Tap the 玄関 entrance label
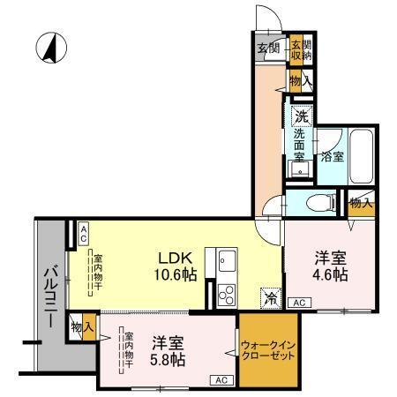click(x=268, y=49)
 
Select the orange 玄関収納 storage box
click(x=301, y=49)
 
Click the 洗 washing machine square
click(x=302, y=115)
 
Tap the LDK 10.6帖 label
click(x=176, y=265)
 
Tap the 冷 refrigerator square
click(x=271, y=298)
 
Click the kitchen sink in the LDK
click(x=227, y=261)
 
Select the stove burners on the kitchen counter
click(x=225, y=294)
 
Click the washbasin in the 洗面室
click(x=298, y=169)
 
